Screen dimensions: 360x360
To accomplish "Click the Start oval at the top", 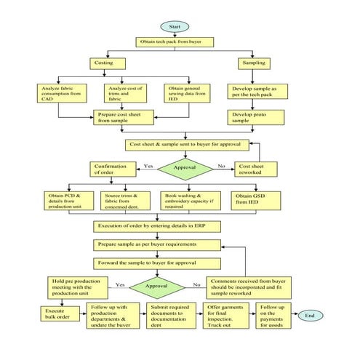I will [x=175, y=26].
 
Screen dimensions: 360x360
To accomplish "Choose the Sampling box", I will [x=252, y=64].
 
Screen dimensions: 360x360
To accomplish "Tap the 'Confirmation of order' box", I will [x=111, y=169].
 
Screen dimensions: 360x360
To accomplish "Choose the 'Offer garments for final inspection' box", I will [x=226, y=316].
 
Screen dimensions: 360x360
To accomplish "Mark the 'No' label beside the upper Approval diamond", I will [x=221, y=166].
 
